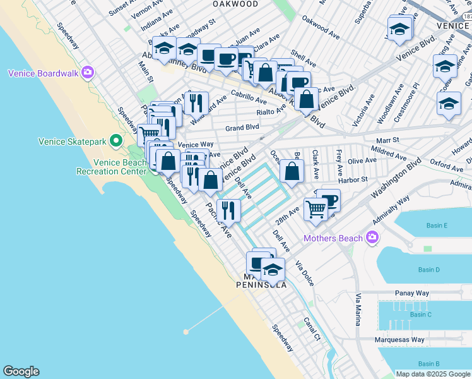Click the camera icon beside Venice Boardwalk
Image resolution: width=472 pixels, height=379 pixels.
(x=88, y=73)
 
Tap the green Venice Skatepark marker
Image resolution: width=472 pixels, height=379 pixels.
(x=115, y=140)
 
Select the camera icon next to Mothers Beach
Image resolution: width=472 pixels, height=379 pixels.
(x=372, y=238)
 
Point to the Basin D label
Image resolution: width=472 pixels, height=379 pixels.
(x=428, y=270)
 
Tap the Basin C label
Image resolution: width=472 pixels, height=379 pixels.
(x=420, y=315)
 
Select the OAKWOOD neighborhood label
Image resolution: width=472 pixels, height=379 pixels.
(x=236, y=4)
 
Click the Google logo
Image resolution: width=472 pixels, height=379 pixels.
(x=21, y=371)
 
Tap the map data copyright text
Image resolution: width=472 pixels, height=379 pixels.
(x=433, y=374)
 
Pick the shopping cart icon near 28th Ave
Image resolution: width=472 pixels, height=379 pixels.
(x=315, y=208)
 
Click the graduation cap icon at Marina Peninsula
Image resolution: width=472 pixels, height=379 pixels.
(x=273, y=269)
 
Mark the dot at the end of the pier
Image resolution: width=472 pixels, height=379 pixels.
(x=186, y=331)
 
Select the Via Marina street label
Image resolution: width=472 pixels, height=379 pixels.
(x=358, y=310)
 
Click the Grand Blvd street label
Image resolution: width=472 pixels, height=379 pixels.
(x=243, y=128)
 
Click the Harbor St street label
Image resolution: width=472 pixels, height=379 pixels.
(x=353, y=179)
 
